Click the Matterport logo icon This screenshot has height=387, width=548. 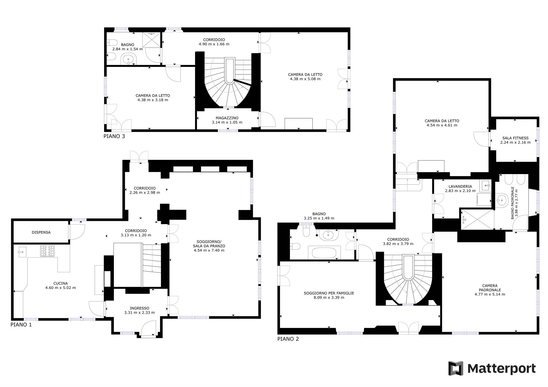(x=456, y=368)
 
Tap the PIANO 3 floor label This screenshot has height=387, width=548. (x=114, y=136)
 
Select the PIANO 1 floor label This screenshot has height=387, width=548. (x=21, y=325)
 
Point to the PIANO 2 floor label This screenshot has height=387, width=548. (x=288, y=339)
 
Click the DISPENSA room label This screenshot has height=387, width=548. (x=41, y=232)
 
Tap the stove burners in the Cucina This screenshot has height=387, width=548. (x=47, y=251)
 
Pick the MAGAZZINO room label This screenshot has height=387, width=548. (x=227, y=118)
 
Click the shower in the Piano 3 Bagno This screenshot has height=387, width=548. (x=152, y=39)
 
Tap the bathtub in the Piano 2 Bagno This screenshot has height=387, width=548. (x=324, y=252)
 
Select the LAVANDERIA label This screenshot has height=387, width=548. (x=460, y=186)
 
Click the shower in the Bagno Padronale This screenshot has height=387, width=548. (x=477, y=219)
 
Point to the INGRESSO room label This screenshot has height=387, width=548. (x=139, y=308)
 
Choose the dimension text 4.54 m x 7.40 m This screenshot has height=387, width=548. (x=209, y=250)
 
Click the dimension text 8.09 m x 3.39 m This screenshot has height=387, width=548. (x=329, y=298)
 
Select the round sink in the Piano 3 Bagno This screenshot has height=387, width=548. (x=129, y=59)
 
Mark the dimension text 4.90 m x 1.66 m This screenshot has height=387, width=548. (x=214, y=44)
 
